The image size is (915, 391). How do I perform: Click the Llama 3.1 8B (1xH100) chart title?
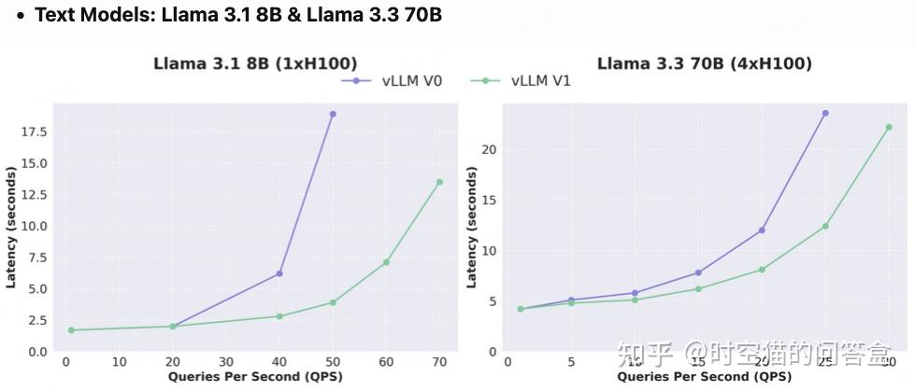[x=255, y=63]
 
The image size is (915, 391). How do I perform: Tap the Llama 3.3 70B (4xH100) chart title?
[x=704, y=63]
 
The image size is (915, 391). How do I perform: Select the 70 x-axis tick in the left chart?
[x=439, y=362]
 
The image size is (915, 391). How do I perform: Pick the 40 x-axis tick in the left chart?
[x=279, y=362]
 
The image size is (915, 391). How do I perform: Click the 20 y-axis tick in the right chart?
[x=489, y=149]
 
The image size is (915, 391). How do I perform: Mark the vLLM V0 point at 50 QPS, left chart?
[x=333, y=114]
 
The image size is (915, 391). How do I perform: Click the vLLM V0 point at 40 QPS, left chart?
[x=279, y=273]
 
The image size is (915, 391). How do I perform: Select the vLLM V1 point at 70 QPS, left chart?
[x=439, y=182]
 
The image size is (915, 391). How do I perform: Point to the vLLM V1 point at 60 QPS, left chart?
[x=386, y=262]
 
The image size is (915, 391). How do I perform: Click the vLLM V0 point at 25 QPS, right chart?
[x=825, y=113]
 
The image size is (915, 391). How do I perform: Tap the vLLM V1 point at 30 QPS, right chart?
[x=889, y=127]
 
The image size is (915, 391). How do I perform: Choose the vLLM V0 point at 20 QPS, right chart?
[x=762, y=230]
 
